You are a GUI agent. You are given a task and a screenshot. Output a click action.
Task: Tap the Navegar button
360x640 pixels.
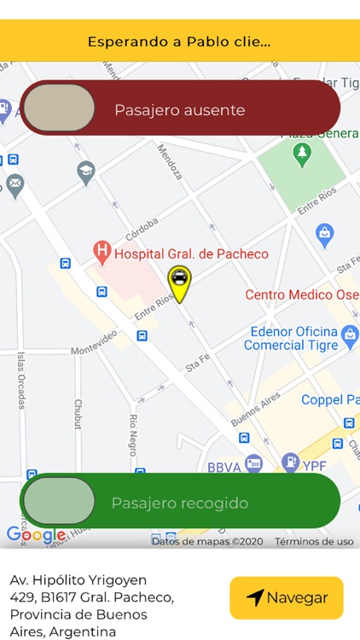click(x=286, y=597)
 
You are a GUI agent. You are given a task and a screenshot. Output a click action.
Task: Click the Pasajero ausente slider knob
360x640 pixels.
click(x=59, y=108)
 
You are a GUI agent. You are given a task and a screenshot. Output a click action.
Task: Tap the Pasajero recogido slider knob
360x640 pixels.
click(x=59, y=501)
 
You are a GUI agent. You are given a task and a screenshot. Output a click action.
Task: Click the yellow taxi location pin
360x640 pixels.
click(x=179, y=281)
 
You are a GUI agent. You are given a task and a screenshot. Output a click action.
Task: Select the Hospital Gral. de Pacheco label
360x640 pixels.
click(x=191, y=253)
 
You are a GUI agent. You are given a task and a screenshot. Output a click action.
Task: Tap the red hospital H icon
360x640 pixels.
click(x=102, y=252)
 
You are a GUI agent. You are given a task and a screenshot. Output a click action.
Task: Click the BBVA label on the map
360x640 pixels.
click(x=224, y=468)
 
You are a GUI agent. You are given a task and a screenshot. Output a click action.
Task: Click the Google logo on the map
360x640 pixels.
click(x=35, y=535)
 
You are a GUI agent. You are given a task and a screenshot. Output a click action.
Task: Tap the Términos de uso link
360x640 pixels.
click(x=314, y=541)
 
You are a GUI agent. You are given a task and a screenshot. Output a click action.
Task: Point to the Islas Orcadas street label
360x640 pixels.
click(x=21, y=380)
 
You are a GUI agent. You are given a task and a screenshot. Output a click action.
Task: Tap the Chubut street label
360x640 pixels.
click(x=78, y=414)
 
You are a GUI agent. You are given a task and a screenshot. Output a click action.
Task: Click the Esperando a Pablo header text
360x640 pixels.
click(x=179, y=41)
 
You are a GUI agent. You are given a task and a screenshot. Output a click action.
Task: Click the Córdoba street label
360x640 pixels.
click(x=142, y=229)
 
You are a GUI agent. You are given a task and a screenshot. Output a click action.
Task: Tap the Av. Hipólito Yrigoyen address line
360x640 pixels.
click(x=78, y=580)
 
